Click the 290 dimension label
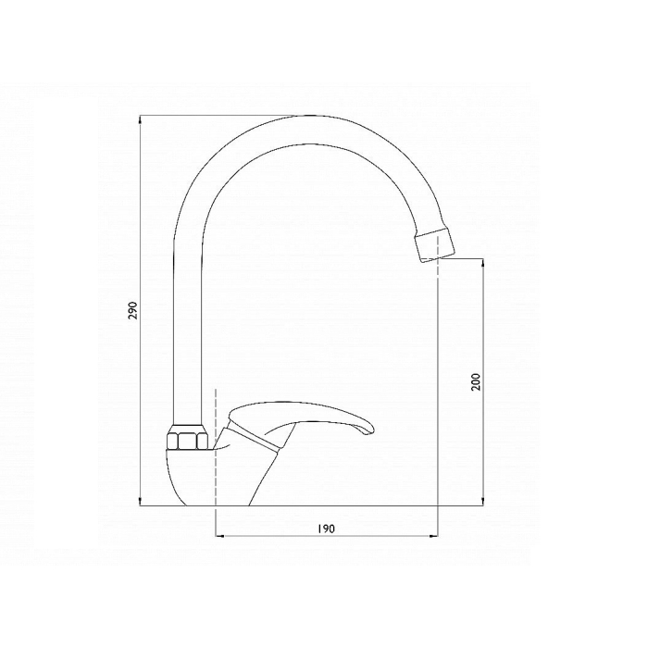[132, 310]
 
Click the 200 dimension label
[476, 381]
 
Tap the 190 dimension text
[327, 529]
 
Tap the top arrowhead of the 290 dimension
[141, 119]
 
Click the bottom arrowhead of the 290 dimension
[141, 502]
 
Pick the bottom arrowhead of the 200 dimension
[483, 502]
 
